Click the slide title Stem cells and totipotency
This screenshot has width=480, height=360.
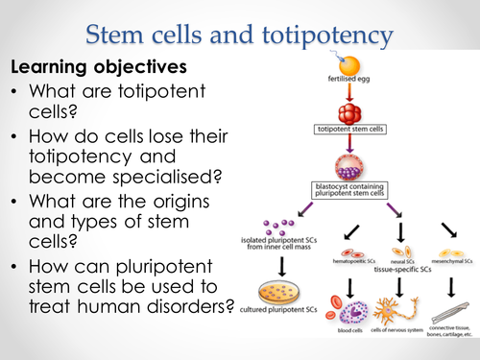click(x=239, y=36)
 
